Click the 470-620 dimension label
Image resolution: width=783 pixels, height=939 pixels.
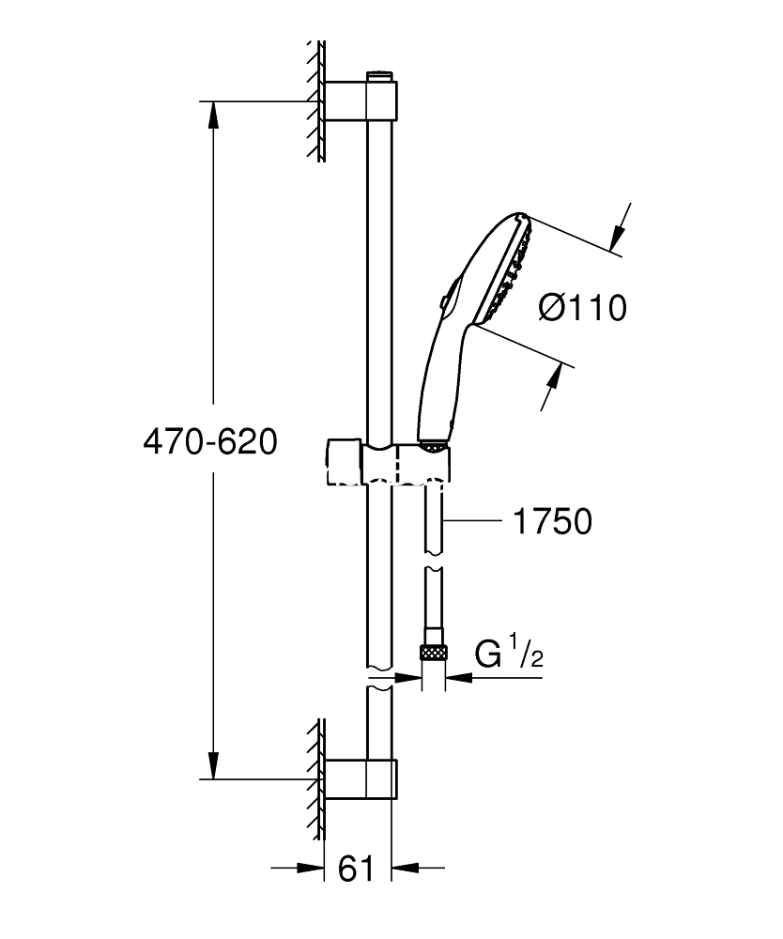[x=210, y=442]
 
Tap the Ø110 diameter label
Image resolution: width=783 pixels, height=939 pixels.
[x=582, y=308]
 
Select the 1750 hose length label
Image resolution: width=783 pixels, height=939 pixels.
[x=553, y=521]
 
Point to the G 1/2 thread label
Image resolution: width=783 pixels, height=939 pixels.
[x=509, y=653]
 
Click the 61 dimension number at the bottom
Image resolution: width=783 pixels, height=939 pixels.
[x=356, y=869]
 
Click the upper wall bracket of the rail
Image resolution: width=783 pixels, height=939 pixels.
[x=361, y=100]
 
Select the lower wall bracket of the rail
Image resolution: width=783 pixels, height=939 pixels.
[x=361, y=779]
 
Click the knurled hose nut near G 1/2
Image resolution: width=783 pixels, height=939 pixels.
[x=434, y=652]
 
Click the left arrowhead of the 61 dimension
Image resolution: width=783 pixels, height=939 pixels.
[x=312, y=867]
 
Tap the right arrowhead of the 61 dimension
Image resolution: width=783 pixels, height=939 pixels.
[x=404, y=867]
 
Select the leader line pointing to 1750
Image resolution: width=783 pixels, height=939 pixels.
[x=472, y=521]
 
